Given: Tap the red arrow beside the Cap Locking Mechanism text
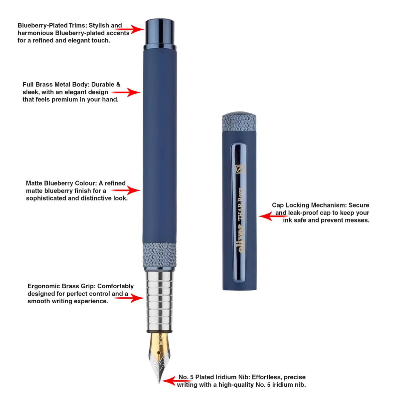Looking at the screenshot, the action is click(x=273, y=216).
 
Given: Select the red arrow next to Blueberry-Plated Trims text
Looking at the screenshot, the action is click(x=130, y=29).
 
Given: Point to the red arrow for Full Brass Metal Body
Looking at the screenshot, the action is click(x=126, y=92).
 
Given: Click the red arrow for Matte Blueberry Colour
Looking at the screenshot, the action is click(x=126, y=190).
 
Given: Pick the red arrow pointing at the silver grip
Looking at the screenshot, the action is click(x=129, y=298).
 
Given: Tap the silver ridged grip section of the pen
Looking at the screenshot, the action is click(x=160, y=302).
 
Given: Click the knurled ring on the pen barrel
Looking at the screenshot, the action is click(x=159, y=255).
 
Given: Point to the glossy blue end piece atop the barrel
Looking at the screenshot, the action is click(x=160, y=34).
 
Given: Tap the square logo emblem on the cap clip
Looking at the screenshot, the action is click(x=240, y=169).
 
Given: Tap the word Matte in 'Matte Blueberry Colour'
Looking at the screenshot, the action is click(x=34, y=183).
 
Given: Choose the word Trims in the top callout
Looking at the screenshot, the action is click(x=78, y=26).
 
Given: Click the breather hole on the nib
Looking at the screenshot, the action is click(x=159, y=353).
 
